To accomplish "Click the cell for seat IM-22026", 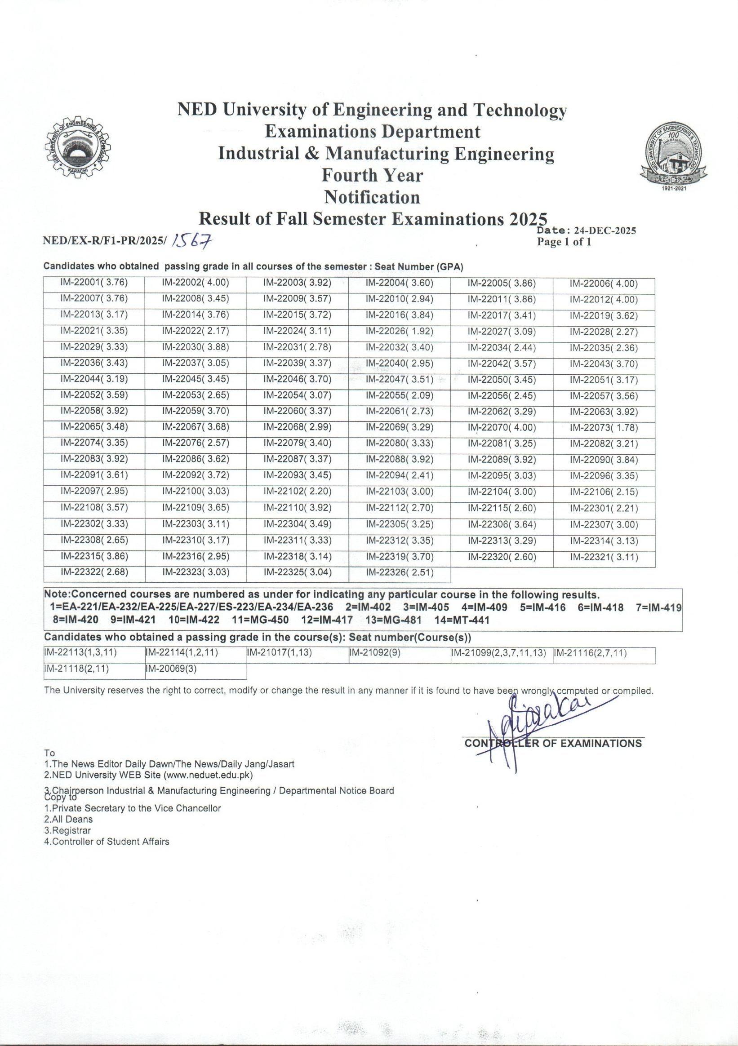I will (399, 332).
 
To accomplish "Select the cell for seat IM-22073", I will (604, 428).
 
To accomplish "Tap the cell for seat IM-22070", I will (502, 428).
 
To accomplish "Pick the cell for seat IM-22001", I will (94, 283).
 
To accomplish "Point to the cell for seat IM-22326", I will (399, 572).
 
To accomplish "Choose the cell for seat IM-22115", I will (502, 508).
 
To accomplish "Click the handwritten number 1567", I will (193, 240).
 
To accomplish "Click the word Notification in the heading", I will (372, 197).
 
